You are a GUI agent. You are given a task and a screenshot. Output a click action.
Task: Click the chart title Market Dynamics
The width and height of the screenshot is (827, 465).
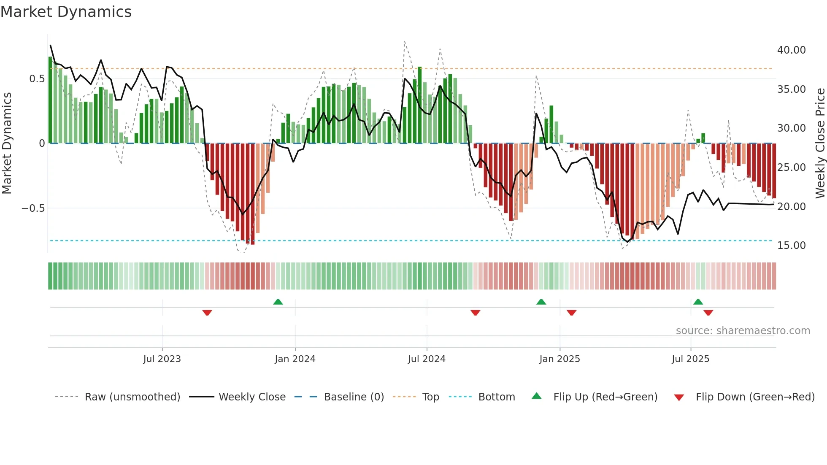(66, 12)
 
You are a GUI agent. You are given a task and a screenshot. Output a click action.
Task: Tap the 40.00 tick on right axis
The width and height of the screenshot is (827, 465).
(791, 50)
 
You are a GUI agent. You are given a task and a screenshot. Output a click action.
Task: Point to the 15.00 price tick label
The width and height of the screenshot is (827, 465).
(791, 246)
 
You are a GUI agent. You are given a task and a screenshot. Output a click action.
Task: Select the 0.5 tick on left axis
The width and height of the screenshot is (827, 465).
(37, 79)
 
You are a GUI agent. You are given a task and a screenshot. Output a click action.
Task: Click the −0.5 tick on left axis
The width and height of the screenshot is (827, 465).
(33, 208)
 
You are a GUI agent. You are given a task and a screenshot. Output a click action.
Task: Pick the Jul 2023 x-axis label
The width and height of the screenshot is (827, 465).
(162, 359)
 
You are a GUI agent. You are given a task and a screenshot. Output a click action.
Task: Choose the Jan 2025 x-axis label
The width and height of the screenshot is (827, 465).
(559, 359)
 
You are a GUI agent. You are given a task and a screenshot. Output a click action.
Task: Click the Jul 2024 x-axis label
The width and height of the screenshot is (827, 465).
(427, 359)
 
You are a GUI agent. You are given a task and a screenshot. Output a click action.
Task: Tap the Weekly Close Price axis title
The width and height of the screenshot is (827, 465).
(820, 143)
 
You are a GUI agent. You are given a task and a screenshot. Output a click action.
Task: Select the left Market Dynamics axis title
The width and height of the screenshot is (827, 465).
(7, 143)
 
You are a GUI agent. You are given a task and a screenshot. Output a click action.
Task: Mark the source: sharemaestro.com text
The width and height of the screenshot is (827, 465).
(743, 331)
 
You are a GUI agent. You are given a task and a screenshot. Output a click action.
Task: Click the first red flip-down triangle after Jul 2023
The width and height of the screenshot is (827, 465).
(207, 313)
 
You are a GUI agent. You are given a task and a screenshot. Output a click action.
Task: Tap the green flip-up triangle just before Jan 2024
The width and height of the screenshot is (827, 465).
(278, 302)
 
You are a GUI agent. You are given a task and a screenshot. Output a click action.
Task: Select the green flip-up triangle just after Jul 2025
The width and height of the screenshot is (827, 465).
(698, 302)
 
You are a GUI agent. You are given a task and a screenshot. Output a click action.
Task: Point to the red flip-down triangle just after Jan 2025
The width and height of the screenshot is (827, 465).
(572, 313)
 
